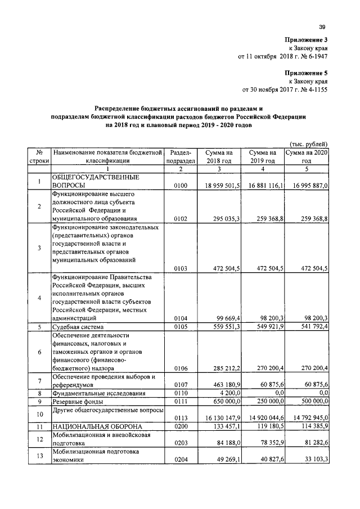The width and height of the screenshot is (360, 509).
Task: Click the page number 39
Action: click(x=322, y=26)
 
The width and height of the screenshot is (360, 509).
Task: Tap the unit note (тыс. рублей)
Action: click(x=309, y=144)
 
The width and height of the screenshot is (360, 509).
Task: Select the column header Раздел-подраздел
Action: click(x=181, y=156)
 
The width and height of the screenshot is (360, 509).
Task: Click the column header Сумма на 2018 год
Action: click(x=219, y=156)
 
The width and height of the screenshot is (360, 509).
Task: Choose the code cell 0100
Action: click(x=181, y=185)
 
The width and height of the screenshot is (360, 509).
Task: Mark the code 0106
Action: click(x=181, y=368)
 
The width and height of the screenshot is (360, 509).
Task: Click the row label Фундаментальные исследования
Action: click(x=99, y=393)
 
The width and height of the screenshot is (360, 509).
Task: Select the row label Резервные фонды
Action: click(x=77, y=402)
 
